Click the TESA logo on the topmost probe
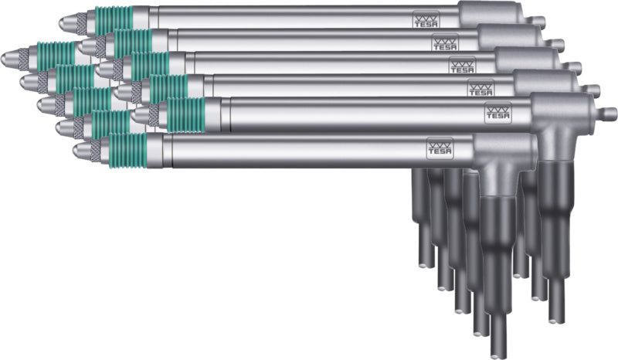426,19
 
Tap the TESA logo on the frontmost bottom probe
440,148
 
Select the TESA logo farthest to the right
498,112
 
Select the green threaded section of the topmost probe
114,21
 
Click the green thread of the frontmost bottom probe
127,151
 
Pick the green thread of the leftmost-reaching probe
56,56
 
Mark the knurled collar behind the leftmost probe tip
24,58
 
